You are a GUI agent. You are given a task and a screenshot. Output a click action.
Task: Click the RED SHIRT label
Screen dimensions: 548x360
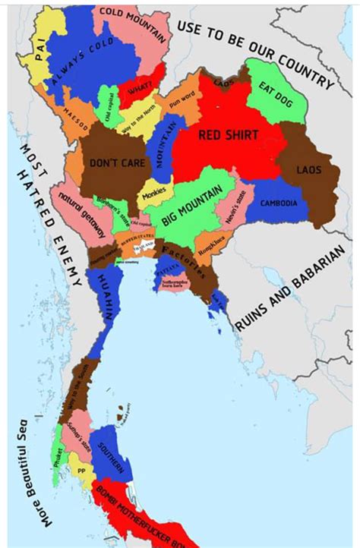pos(228,135)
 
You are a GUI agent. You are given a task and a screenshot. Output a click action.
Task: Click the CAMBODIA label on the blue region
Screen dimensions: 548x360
pos(278,203)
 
